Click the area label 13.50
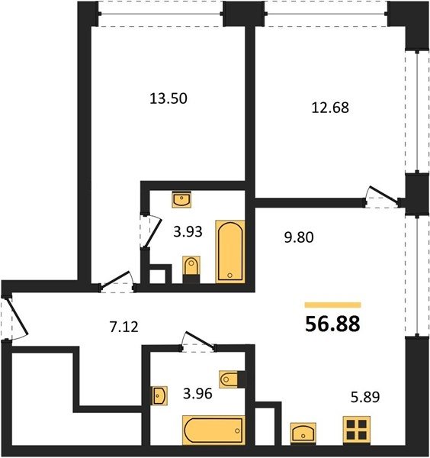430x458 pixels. coord(168,98)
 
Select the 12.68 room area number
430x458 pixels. coord(330,108)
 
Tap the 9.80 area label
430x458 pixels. coord(299,237)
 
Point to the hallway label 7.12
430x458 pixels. coord(124,327)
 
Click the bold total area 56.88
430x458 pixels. coord(332,324)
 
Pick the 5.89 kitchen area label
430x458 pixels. coord(365,397)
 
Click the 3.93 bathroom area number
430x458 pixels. coord(188,232)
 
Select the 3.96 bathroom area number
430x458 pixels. coord(197,394)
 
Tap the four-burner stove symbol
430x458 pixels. coord(357,429)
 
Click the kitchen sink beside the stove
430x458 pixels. coord(303,432)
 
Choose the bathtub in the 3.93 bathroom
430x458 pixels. coord(230,252)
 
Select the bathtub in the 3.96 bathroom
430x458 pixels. coord(213,431)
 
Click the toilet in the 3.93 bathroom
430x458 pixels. coord(191,269)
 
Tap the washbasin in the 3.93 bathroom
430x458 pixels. coord(181,199)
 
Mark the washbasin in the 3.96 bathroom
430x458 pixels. coord(159,395)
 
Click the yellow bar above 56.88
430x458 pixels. coord(333,305)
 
